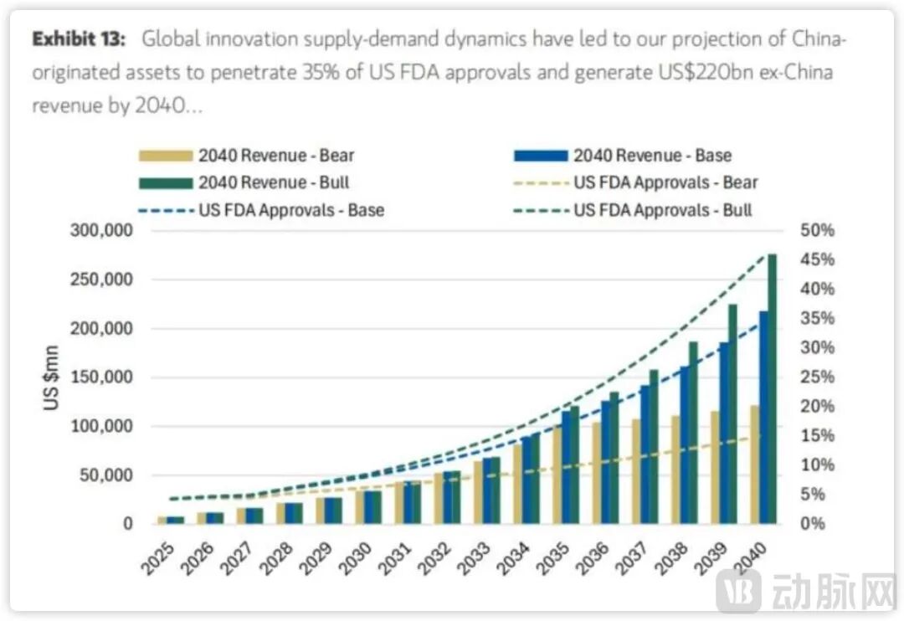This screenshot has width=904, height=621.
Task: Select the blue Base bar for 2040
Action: click(x=763, y=418)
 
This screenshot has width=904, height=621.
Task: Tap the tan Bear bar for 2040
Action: click(x=755, y=465)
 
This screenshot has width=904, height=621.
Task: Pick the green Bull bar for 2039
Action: click(x=732, y=414)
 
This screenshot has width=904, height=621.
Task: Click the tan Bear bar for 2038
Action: click(x=675, y=470)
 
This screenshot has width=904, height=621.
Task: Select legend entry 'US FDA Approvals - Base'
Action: click(x=259, y=209)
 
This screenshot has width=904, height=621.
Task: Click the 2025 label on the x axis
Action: click(x=160, y=558)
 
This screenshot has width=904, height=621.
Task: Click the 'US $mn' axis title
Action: click(x=52, y=377)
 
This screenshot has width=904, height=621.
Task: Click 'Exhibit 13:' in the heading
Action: click(x=80, y=38)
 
